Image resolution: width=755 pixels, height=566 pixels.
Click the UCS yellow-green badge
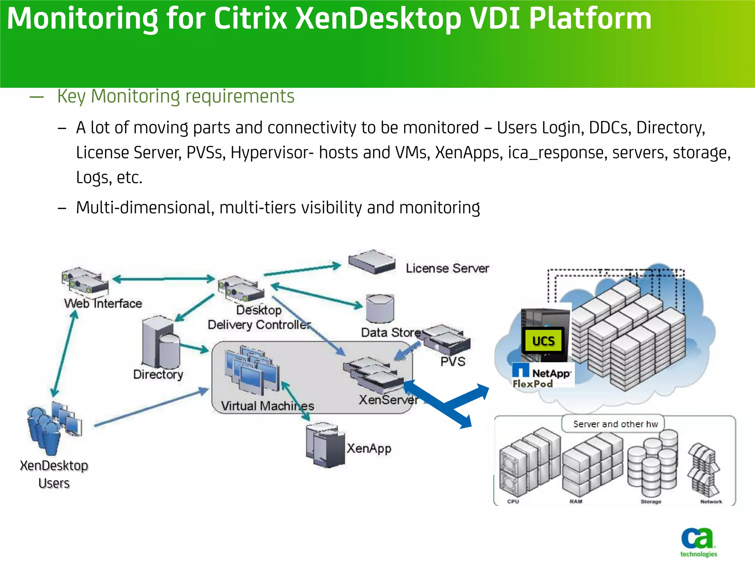point(543,341)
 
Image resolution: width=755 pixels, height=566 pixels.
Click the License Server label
point(447,268)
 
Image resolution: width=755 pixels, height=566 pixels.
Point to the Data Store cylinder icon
point(380,309)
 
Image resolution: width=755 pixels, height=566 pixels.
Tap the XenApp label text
point(369,448)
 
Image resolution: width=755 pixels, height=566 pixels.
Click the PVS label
point(453,361)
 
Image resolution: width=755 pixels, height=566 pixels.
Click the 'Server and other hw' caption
point(615,424)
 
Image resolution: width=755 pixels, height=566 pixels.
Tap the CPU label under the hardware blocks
point(513,502)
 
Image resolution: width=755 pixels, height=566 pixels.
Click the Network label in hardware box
point(711,502)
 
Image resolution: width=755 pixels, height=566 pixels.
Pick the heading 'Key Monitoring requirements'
point(176,97)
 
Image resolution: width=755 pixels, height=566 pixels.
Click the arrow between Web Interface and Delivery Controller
point(163,279)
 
